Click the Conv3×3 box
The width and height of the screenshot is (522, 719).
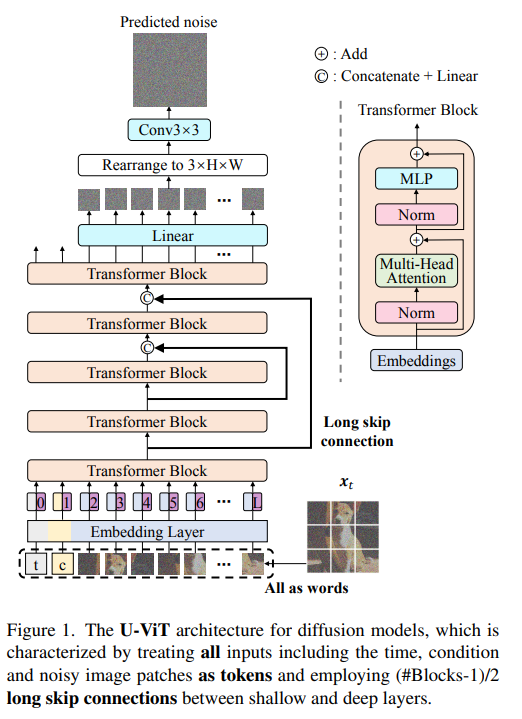(x=169, y=130)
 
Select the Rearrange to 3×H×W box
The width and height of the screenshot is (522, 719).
(x=172, y=165)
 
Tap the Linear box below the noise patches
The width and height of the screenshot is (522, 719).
(x=172, y=236)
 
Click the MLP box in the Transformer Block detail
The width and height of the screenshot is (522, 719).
(x=416, y=178)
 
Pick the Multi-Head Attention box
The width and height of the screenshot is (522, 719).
(x=416, y=271)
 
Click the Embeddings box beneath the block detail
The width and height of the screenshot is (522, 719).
(x=416, y=360)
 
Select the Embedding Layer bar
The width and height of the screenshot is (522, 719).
(x=147, y=531)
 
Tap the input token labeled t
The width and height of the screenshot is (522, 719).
(x=36, y=564)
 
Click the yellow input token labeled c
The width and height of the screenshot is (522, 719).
(x=62, y=564)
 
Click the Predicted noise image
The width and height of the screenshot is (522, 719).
(x=170, y=70)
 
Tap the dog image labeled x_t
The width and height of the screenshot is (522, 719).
(x=343, y=536)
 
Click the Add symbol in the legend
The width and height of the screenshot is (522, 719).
(x=321, y=54)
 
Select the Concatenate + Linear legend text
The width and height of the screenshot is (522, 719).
(x=409, y=76)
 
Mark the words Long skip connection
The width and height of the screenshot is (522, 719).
(x=357, y=431)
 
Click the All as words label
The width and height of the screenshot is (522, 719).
(x=306, y=588)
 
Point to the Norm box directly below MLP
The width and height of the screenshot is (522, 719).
(x=416, y=215)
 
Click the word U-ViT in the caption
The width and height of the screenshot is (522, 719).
(x=144, y=630)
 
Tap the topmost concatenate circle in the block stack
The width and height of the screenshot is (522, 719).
(x=147, y=298)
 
